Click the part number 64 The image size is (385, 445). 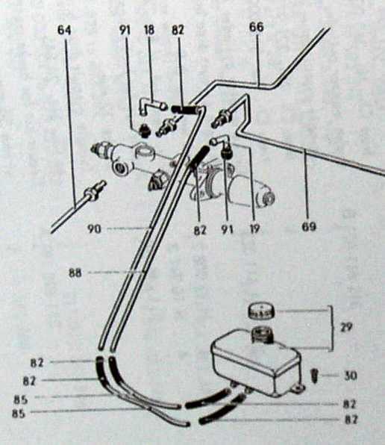click(x=64, y=30)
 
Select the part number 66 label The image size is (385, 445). click(x=256, y=27)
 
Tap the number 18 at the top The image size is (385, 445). click(x=148, y=30)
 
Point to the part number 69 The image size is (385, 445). click(x=309, y=227)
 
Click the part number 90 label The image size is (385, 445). click(x=94, y=228)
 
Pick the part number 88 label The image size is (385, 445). click(x=75, y=273)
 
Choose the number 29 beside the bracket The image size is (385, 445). click(x=345, y=328)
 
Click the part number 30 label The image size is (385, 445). click(x=351, y=376)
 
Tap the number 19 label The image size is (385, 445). click(x=254, y=228)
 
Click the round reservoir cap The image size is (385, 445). click(x=261, y=311)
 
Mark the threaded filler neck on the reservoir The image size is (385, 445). click(x=261, y=332)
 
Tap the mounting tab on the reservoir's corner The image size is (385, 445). click(x=298, y=387)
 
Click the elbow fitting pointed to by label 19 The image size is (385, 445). click(x=222, y=145)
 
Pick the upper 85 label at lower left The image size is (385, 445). click(x=21, y=399)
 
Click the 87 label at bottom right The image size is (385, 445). click(x=351, y=420)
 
